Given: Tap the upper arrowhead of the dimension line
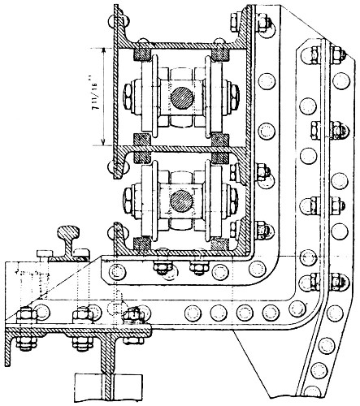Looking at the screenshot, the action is click(103, 50).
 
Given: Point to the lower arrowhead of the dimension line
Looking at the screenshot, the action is click(103, 142).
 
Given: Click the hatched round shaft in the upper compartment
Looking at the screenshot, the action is click(182, 98).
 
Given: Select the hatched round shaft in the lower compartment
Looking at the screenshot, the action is click(182, 201).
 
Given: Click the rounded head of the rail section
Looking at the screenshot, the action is click(68, 232).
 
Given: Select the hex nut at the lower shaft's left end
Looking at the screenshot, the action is click(128, 201).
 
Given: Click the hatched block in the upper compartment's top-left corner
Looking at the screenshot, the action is click(141, 54).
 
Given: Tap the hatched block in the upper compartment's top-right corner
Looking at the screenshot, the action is click(220, 54).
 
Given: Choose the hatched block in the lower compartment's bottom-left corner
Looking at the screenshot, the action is click(142, 244).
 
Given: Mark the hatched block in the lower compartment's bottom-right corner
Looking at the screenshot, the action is click(219, 244).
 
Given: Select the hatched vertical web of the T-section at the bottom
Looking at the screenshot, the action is click(108, 364).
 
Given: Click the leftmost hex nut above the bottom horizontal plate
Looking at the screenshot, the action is click(27, 316).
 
